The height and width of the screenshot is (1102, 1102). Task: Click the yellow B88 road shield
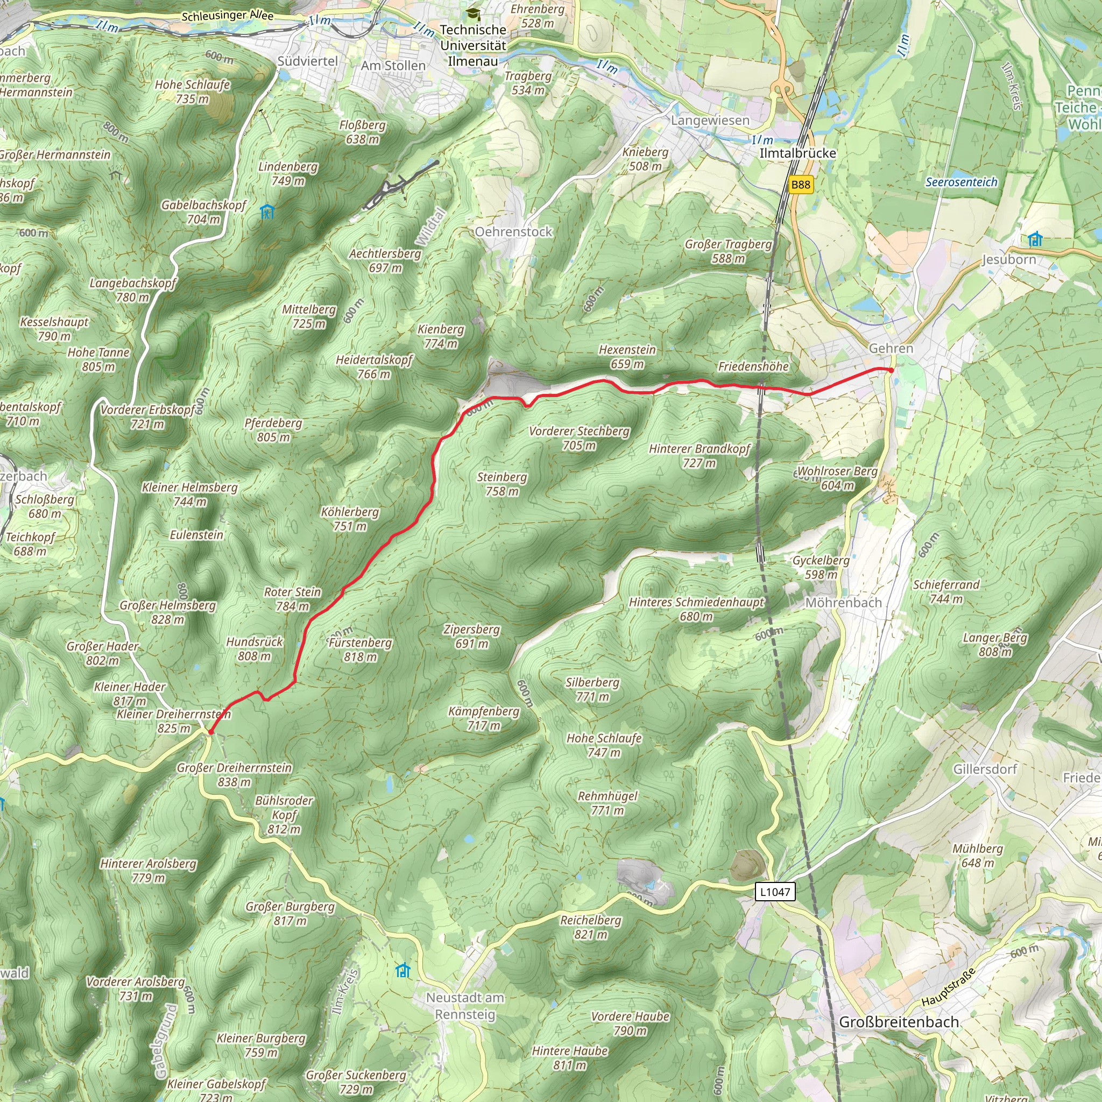point(800,184)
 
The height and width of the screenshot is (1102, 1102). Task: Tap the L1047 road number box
point(775,891)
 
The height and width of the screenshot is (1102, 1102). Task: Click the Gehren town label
point(891,348)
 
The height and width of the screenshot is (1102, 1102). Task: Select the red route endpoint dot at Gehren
point(891,370)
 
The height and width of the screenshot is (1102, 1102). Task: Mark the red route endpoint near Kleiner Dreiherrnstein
point(210,732)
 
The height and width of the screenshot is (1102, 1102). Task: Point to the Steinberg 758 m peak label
point(502,484)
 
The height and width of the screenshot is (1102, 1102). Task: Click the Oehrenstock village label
point(513,231)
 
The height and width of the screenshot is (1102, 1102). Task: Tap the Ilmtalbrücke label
point(797,153)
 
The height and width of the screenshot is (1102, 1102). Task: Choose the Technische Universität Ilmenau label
point(473,45)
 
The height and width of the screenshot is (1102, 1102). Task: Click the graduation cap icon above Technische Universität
point(472,12)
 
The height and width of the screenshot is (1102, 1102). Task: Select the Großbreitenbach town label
point(899,1022)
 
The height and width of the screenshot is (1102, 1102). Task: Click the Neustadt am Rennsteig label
point(465,1006)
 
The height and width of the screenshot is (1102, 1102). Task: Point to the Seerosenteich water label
point(961,182)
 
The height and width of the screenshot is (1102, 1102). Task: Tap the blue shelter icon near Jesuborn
point(1035,239)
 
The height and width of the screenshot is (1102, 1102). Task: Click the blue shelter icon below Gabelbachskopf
point(267,211)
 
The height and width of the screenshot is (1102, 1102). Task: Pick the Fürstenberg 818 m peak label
point(361,649)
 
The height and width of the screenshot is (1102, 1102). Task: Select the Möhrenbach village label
point(843,602)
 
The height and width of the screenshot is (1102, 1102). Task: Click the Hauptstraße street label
point(949,987)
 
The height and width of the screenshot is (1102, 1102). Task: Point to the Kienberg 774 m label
point(441,336)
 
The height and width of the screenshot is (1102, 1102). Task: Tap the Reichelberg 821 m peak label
point(590,927)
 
